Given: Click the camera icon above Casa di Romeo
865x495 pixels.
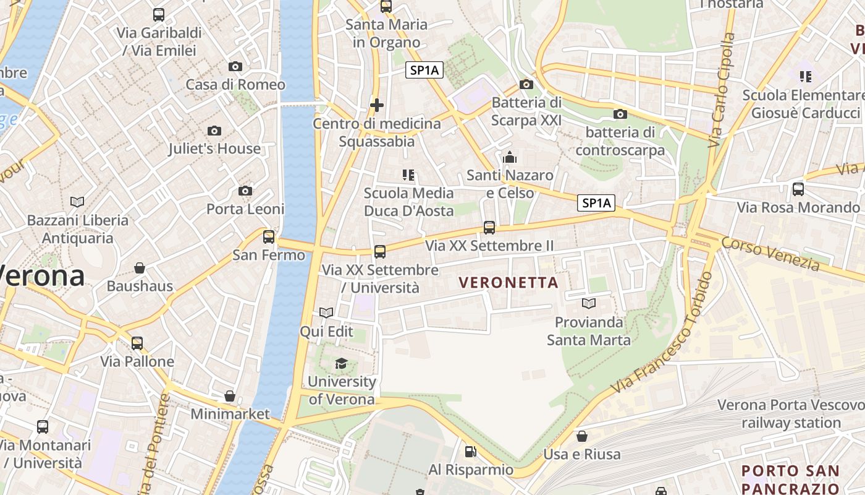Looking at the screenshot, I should pyautogui.click(x=235, y=66).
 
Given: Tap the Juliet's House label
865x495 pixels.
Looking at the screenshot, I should pyautogui.click(x=214, y=148).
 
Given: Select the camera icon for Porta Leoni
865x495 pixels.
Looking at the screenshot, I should pyautogui.click(x=245, y=191).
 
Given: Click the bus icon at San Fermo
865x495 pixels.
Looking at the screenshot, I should pyautogui.click(x=268, y=236).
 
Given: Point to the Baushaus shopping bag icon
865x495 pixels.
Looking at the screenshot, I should pyautogui.click(x=140, y=268).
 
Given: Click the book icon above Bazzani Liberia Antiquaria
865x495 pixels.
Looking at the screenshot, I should pyautogui.click(x=77, y=202).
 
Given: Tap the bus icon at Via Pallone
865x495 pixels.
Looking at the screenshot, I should pyautogui.click(x=137, y=343).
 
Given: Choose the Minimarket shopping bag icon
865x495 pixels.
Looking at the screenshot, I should pyautogui.click(x=230, y=395).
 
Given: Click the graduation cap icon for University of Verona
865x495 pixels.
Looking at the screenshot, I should pyautogui.click(x=341, y=363).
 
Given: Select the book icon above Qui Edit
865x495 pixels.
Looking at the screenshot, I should pyautogui.click(x=326, y=313).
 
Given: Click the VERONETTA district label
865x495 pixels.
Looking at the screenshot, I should pyautogui.click(x=508, y=283).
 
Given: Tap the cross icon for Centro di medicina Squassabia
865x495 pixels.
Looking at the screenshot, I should pyautogui.click(x=377, y=105).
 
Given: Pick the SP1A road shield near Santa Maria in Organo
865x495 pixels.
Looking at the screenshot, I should pyautogui.click(x=424, y=70).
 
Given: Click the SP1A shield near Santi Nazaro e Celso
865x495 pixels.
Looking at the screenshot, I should pyautogui.click(x=597, y=202).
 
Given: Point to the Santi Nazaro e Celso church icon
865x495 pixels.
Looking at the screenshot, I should pyautogui.click(x=510, y=157).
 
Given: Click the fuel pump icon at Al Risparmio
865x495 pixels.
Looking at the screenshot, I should pyautogui.click(x=471, y=452).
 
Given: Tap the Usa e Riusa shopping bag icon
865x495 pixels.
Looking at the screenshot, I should pyautogui.click(x=581, y=436).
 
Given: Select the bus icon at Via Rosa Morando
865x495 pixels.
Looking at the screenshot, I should pyautogui.click(x=798, y=189).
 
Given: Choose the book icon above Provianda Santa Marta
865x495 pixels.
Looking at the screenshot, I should pyautogui.click(x=589, y=304).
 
